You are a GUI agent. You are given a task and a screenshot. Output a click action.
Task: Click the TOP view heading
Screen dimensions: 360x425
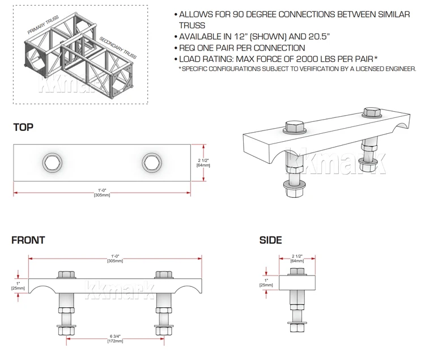(x=23, y=128)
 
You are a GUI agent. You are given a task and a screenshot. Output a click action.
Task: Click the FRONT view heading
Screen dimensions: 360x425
(x=28, y=240)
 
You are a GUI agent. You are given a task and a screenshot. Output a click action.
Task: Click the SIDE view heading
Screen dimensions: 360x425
(x=270, y=240)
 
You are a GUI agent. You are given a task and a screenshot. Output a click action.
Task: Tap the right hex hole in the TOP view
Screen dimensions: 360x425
(x=151, y=163)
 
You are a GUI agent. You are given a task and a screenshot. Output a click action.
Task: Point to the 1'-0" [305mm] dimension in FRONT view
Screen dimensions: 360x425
(x=115, y=259)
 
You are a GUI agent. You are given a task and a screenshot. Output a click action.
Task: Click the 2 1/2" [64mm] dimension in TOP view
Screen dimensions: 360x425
(x=203, y=163)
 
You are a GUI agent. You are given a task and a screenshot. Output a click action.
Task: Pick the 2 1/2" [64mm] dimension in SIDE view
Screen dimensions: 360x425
(x=297, y=259)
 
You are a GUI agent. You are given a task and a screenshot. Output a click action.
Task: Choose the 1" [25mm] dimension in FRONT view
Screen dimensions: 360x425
(x=18, y=286)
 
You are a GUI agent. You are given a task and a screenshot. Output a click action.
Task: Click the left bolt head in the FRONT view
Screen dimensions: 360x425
(x=66, y=274)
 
